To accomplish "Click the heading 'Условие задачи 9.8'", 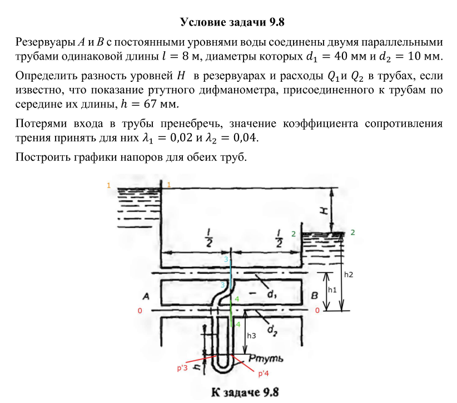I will (x=228, y=22).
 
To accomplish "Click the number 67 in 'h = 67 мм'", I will (x=157, y=105).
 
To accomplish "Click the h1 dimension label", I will (x=332, y=290).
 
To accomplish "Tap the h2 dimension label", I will (x=349, y=274).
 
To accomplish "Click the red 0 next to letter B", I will (x=317, y=310).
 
